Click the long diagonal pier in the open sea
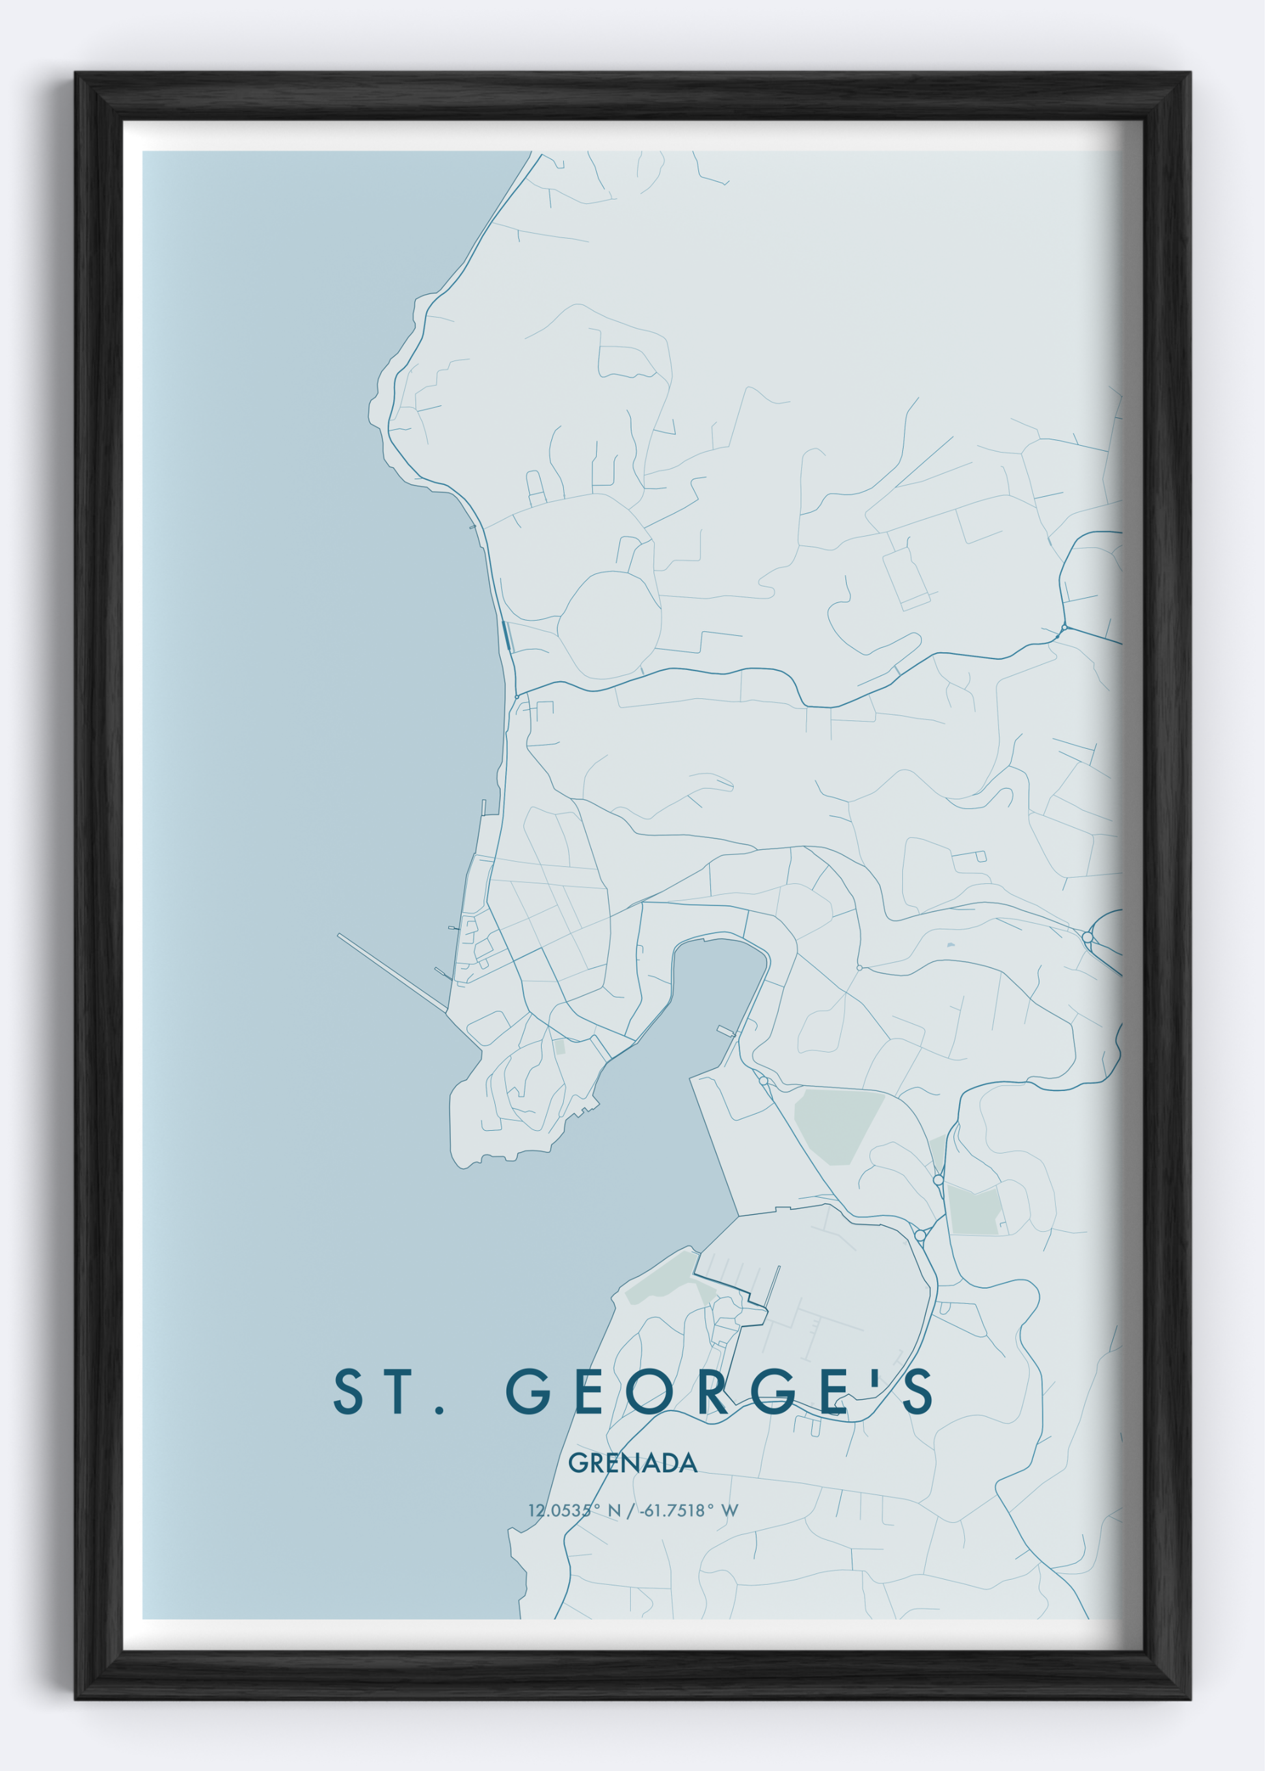pos(392,973)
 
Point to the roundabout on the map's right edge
pos(1088,937)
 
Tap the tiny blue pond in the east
pos(950,945)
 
